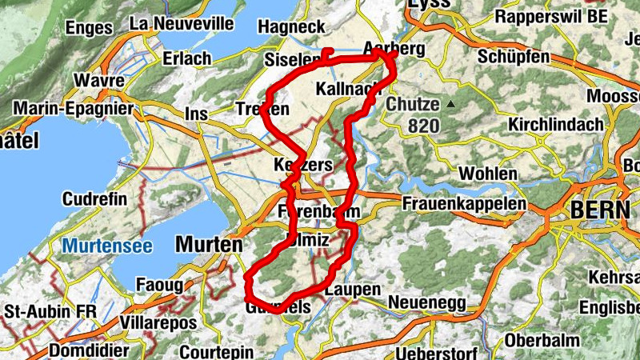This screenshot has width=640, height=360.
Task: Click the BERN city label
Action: [x=601, y=210]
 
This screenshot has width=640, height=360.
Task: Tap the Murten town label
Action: [x=207, y=243]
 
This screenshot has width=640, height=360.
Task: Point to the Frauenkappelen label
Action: [x=465, y=204]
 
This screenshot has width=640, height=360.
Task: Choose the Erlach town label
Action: [x=186, y=58]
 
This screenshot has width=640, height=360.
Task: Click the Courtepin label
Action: [x=216, y=352]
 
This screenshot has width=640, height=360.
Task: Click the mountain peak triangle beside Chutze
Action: [x=451, y=104]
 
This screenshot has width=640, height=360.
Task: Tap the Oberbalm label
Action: [x=541, y=340]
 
